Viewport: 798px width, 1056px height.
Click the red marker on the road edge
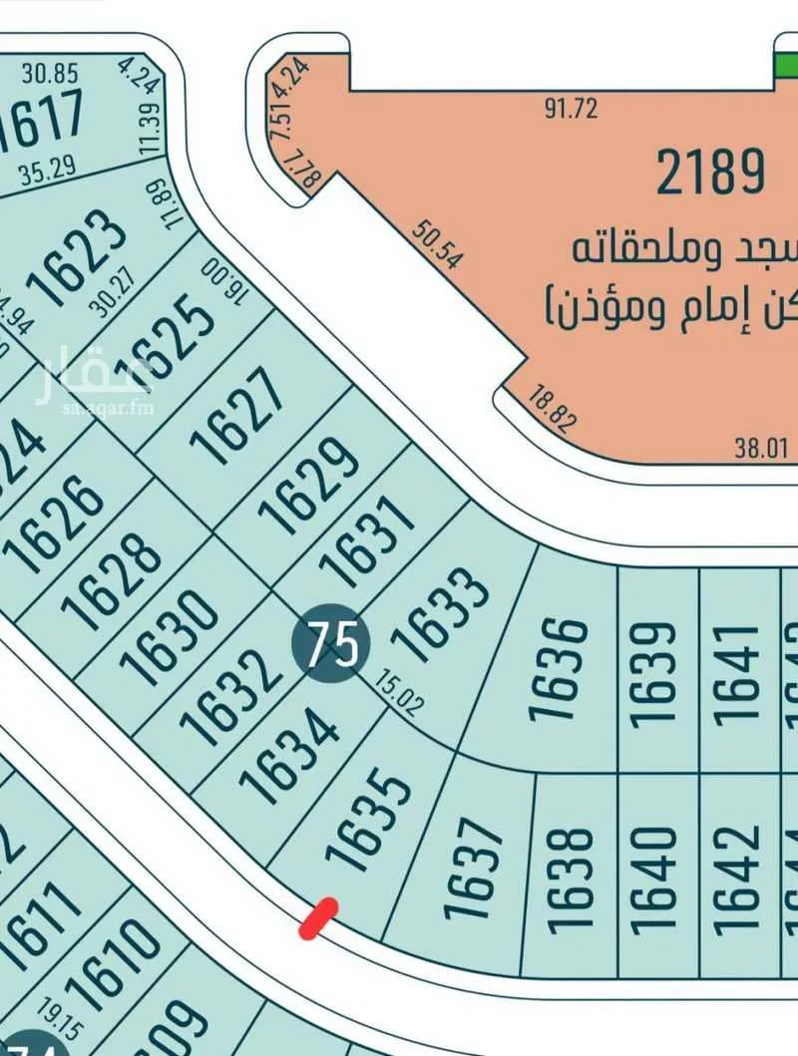pyautogui.click(x=318, y=918)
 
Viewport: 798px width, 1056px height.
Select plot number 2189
pyautogui.click(x=710, y=172)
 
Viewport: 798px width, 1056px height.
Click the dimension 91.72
pyautogui.click(x=571, y=108)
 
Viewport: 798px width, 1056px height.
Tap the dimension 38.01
pyautogui.click(x=760, y=449)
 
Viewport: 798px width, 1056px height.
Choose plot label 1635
pyautogui.click(x=369, y=818)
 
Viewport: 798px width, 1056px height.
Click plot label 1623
pyautogui.click(x=76, y=262)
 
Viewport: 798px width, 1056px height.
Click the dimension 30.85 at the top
pyautogui.click(x=50, y=73)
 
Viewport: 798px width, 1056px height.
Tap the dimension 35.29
pyautogui.click(x=47, y=171)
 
